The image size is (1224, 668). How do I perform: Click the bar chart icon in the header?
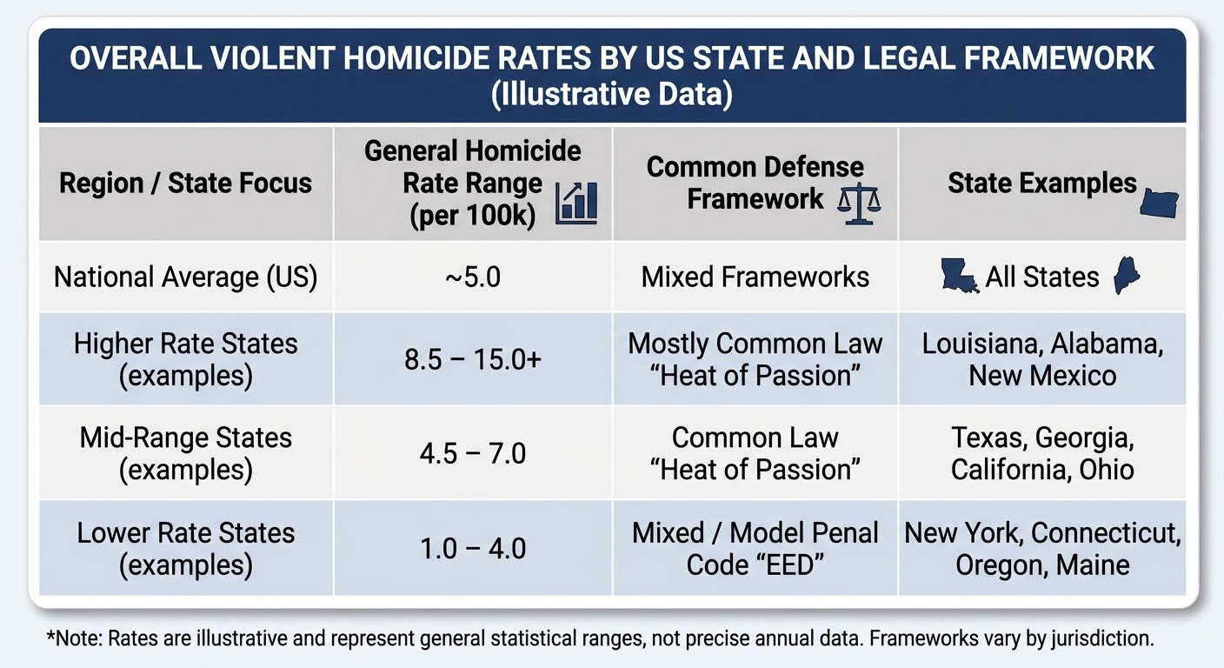click(x=576, y=203)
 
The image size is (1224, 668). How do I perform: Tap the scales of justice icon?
click(x=859, y=204)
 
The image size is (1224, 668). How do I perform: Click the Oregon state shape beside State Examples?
click(x=1159, y=204)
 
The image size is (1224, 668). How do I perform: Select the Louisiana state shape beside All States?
click(x=960, y=276)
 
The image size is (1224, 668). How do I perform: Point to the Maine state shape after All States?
click(x=1126, y=275)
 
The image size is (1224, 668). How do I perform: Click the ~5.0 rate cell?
click(x=473, y=277)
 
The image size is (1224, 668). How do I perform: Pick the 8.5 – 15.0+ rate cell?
click(x=473, y=360)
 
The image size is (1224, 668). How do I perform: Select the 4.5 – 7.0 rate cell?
click(x=473, y=454)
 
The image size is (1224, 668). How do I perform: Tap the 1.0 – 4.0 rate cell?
click(x=473, y=548)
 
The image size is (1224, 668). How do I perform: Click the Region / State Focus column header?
click(x=185, y=184)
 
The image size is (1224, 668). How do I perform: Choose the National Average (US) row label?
click(x=186, y=277)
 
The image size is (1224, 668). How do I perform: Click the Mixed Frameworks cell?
click(x=755, y=277)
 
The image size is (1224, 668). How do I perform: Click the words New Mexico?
click(x=1042, y=376)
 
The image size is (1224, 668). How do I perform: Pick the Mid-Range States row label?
click(x=186, y=454)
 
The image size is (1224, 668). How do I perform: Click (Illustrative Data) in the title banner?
click(x=611, y=94)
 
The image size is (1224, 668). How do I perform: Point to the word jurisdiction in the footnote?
click(x=1102, y=638)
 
